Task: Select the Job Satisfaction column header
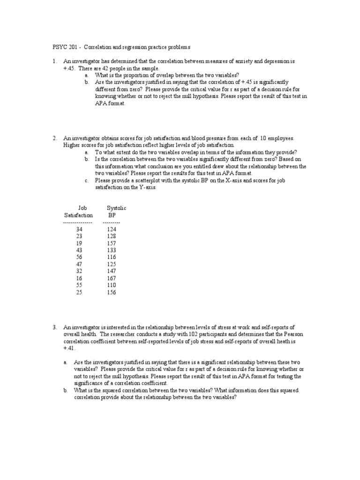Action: click(78, 211)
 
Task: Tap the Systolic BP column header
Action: click(116, 211)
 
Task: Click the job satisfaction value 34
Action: click(79, 229)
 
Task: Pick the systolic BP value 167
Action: click(112, 278)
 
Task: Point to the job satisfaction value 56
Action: click(79, 257)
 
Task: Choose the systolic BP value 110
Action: click(112, 285)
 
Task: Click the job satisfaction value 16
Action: click(79, 278)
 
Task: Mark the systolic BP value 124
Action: click(112, 229)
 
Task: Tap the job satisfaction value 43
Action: click(79, 250)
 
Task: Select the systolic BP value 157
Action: click(112, 243)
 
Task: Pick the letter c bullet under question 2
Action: click(86, 180)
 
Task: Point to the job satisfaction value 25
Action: click(79, 292)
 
